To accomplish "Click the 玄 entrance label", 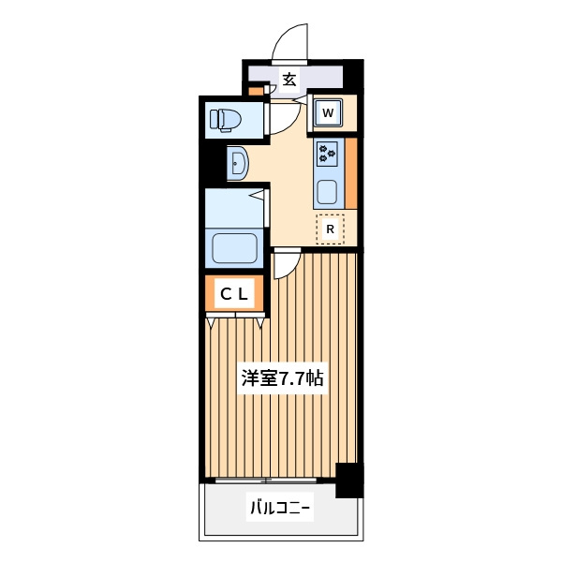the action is click(289, 80).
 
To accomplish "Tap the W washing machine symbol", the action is click(328, 112).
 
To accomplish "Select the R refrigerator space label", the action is click(330, 229).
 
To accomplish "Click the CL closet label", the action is click(234, 294).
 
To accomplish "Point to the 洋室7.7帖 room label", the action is click(283, 378).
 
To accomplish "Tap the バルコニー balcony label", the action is click(279, 508).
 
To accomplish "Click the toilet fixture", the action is click(225, 119).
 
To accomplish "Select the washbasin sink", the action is click(238, 163).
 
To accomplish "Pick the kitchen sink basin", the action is click(327, 191).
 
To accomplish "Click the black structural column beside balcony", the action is click(349, 481).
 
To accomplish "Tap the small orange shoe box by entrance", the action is click(256, 90).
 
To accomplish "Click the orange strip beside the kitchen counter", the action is click(351, 173).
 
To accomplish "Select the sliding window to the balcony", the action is click(266, 481).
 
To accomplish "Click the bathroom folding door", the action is click(266, 209).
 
